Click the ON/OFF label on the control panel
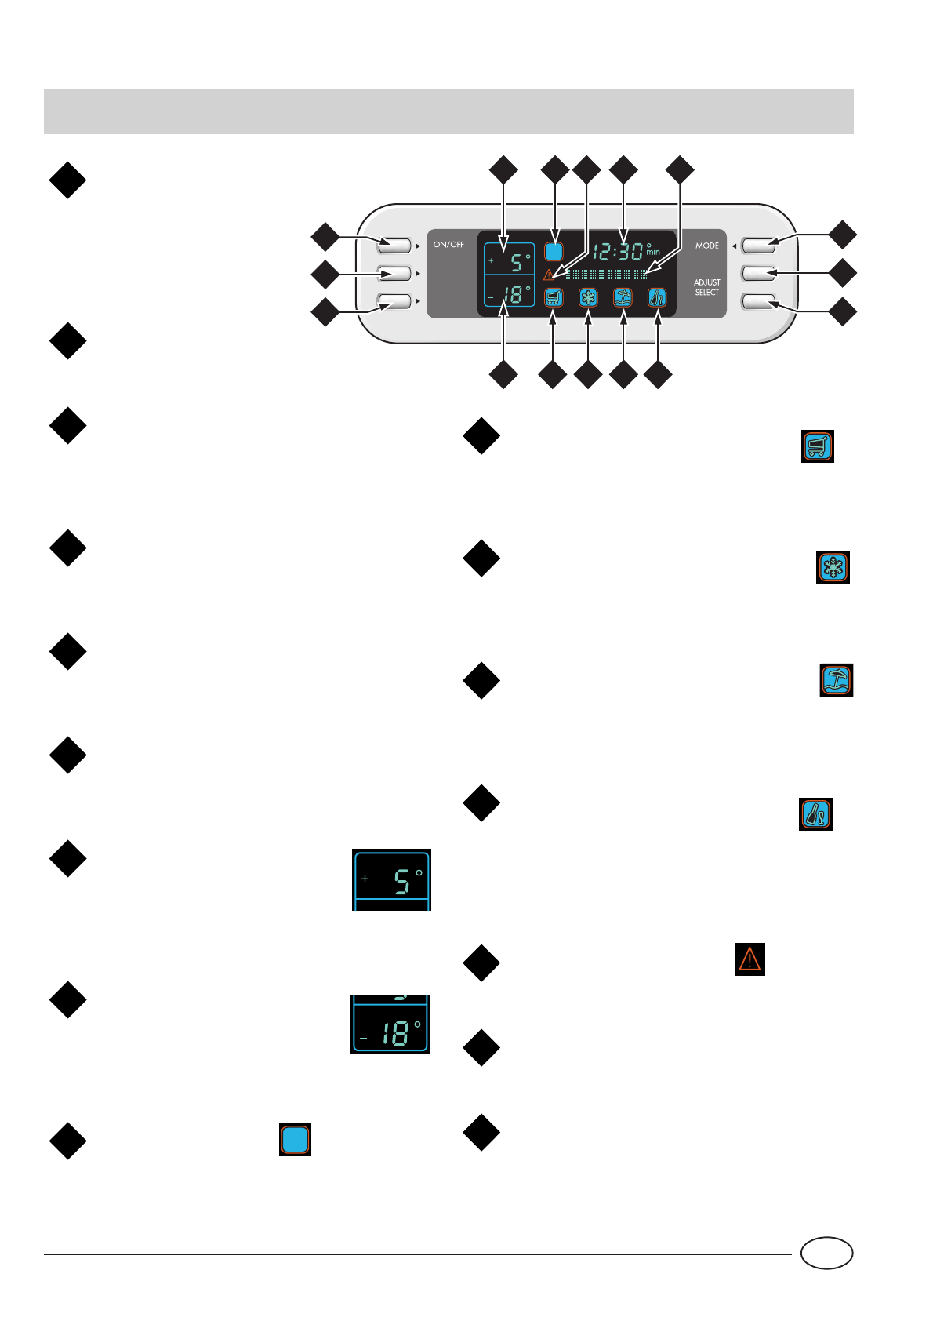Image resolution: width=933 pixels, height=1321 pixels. point(448,245)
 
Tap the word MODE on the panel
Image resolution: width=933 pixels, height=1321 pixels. point(706,246)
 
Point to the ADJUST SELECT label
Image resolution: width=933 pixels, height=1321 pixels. point(706,287)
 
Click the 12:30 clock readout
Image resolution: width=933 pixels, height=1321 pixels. point(618,252)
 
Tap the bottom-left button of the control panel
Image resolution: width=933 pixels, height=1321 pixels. point(394,300)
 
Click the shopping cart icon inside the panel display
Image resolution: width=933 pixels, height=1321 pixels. point(554,297)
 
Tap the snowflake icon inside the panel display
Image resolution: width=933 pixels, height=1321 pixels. point(588,297)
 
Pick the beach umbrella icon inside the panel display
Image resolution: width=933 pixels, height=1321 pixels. point(623,297)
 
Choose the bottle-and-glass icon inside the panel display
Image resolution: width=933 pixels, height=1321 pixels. point(657,297)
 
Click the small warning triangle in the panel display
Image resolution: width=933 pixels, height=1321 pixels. point(549,275)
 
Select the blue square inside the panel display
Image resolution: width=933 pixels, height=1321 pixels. point(554,252)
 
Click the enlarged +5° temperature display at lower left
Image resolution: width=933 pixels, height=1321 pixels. point(391,880)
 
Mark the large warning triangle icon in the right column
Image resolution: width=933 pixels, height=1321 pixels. point(750,959)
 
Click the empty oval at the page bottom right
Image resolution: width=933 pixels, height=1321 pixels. point(826,1253)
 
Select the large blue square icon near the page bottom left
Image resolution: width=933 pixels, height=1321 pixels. point(295,1140)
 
